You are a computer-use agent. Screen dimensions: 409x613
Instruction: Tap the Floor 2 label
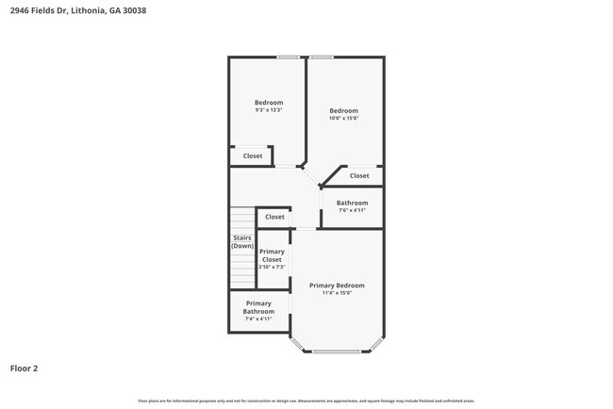24,368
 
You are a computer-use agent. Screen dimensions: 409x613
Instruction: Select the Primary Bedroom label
337,286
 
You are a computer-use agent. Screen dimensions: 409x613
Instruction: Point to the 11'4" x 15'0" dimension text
337,293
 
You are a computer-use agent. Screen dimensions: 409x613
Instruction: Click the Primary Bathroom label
258,307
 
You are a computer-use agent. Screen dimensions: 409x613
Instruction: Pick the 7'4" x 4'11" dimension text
258,319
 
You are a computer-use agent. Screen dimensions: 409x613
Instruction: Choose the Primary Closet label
272,255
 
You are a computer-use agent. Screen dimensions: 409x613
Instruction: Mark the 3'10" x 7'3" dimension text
272,268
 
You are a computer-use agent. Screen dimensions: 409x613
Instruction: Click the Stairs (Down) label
242,241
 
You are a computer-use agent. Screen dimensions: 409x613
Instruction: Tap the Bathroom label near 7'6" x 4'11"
352,203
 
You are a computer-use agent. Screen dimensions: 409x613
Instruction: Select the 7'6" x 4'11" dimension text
352,210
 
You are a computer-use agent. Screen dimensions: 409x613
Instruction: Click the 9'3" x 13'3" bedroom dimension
269,110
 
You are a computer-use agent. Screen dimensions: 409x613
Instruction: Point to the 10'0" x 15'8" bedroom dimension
343,119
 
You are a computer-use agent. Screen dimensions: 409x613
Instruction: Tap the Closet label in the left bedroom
253,156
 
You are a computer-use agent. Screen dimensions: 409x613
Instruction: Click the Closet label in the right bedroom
359,175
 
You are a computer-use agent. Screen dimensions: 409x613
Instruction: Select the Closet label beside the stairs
274,217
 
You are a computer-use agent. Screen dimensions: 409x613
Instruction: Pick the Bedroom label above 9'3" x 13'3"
269,102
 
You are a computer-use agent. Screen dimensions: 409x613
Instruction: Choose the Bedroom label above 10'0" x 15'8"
343,110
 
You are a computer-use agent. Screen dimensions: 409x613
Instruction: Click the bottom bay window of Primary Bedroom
337,352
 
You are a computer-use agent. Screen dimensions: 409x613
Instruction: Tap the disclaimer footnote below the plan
306,401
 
